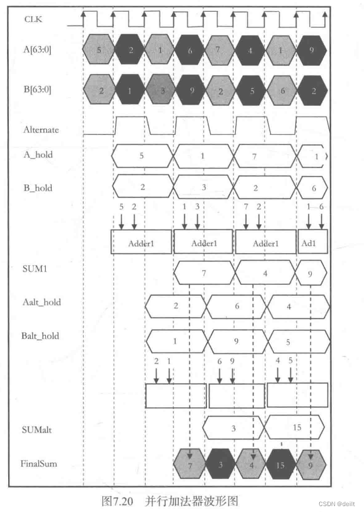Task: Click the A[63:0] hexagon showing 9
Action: pos(312,49)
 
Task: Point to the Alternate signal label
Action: pos(41,129)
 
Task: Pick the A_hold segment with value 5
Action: pos(142,157)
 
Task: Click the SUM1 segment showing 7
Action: pos(203,272)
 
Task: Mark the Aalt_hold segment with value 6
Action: pos(236,306)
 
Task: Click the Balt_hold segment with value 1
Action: pos(175,340)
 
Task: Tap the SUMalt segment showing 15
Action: pos(296,427)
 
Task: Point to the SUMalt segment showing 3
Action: pos(233,427)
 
